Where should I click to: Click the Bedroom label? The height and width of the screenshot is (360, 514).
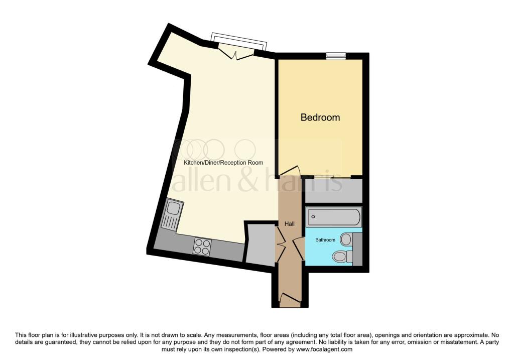(x=320, y=117)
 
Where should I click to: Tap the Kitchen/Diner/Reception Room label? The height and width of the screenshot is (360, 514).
(x=223, y=163)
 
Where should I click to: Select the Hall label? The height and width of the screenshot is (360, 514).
(x=290, y=224)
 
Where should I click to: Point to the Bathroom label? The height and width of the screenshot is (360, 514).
(x=325, y=240)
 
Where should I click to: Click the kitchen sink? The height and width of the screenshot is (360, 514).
(x=172, y=215)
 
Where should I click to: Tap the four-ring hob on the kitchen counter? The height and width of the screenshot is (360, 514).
(x=202, y=247)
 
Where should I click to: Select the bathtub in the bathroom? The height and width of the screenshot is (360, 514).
(x=334, y=216)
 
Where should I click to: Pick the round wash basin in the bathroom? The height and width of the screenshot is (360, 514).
(x=346, y=239)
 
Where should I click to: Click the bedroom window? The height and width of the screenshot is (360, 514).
(x=336, y=56)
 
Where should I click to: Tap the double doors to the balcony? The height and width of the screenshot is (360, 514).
(x=236, y=54)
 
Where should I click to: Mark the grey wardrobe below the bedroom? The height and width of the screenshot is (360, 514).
(x=334, y=190)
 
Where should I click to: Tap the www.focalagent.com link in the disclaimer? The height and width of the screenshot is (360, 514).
(x=324, y=349)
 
